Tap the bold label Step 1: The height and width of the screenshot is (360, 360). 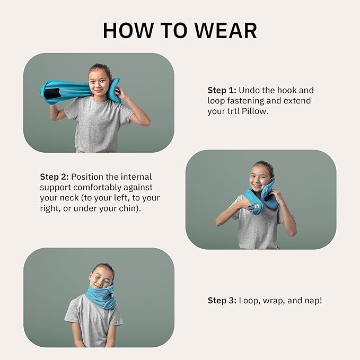(x=221, y=90)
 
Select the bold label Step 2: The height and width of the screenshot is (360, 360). (x=54, y=177)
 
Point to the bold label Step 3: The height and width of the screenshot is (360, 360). (x=222, y=301)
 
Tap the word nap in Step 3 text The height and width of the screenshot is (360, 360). (x=311, y=301)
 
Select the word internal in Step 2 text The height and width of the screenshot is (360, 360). (x=136, y=177)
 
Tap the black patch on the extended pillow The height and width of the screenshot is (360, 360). (x=51, y=94)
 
